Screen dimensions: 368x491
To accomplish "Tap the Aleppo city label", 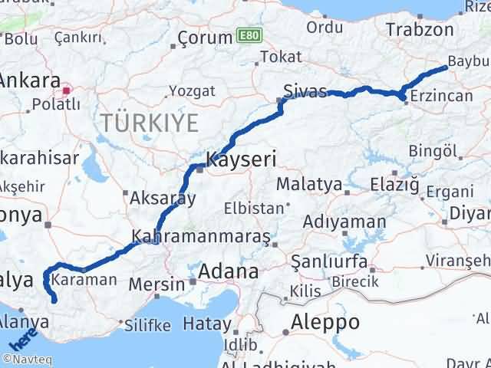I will pos(325,322).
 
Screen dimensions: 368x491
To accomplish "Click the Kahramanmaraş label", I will pos(200,237).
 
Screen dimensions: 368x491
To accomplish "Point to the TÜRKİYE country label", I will pos(147,123).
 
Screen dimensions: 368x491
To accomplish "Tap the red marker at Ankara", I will pos(67,90).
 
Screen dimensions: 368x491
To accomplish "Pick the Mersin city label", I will pos(157,284).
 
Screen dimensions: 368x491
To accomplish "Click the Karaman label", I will pos(87,280).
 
